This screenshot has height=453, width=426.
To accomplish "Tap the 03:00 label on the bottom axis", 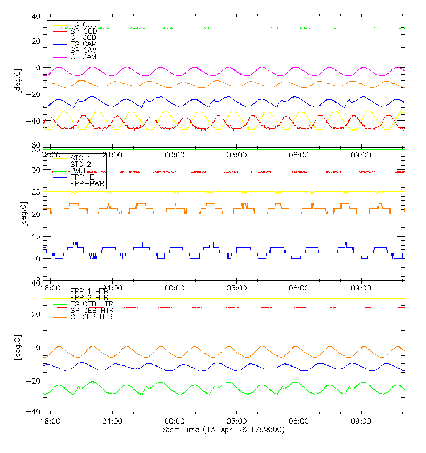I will click(236, 421).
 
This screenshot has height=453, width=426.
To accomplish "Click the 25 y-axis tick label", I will click(37, 192).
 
